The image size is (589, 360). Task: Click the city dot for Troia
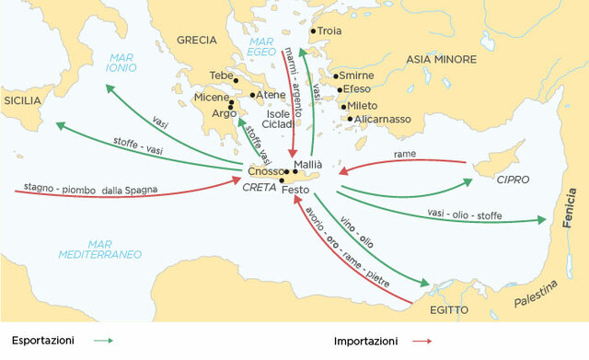[x=313, y=31]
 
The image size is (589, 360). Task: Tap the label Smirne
[x=357, y=75]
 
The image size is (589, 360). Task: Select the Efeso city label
[x=356, y=90]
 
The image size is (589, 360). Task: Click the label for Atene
[x=271, y=95]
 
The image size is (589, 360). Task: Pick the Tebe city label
[x=222, y=75]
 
